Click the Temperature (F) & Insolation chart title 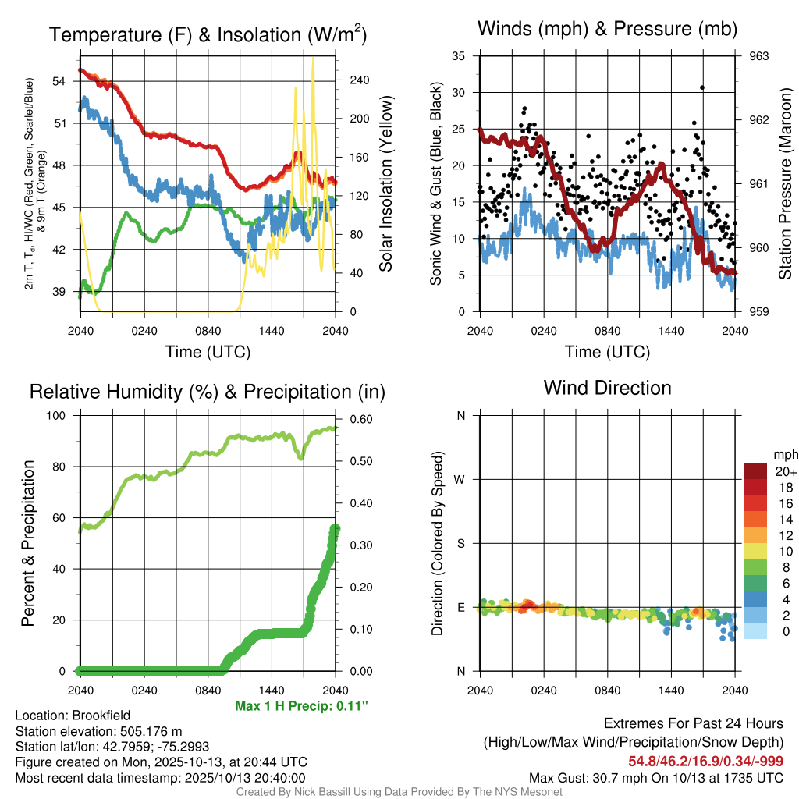[x=208, y=34]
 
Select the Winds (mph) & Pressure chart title [x=607, y=29]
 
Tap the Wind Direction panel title [x=607, y=388]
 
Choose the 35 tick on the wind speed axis [x=459, y=56]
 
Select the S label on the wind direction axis [x=460, y=543]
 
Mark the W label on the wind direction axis [x=460, y=479]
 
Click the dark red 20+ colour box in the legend [x=755, y=471]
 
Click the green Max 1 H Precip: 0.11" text [x=301, y=706]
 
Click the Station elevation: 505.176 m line [x=98, y=730]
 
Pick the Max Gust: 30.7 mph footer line [x=655, y=777]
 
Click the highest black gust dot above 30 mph [x=702, y=87]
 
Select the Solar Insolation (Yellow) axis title [x=386, y=184]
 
